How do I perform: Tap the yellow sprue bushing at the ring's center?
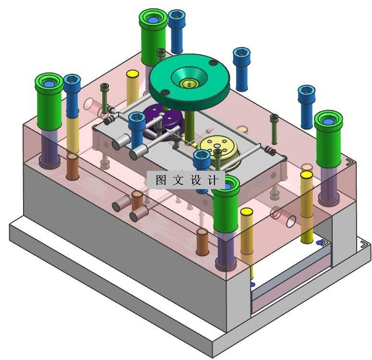tap(189, 84)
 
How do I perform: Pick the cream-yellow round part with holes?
tap(217, 149)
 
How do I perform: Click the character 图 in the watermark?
tap(161, 180)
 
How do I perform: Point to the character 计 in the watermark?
tap(213, 180)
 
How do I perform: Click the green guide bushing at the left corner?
tap(49, 101)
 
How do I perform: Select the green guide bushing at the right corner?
tap(328, 139)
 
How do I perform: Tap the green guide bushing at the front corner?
tap(226, 204)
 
